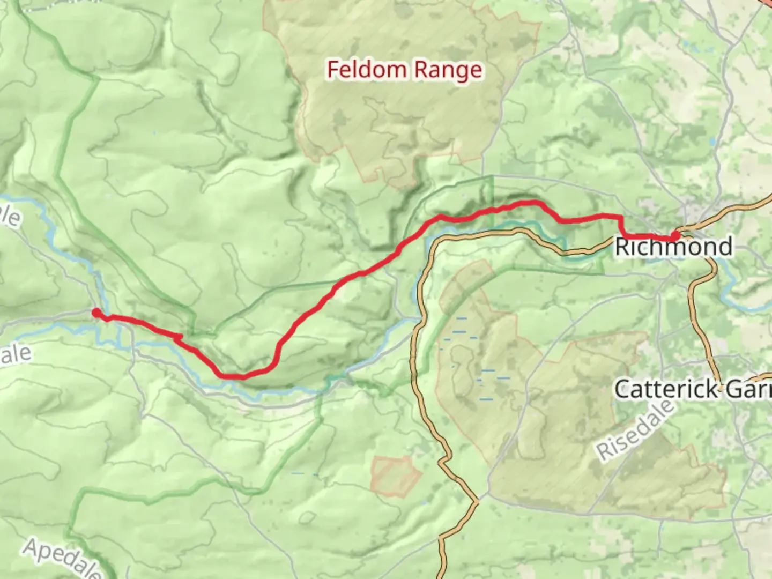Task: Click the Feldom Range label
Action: point(404,70)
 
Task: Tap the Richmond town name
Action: point(673,247)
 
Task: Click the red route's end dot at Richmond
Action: point(675,235)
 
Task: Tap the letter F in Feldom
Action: point(333,70)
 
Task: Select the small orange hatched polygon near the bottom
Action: point(396,475)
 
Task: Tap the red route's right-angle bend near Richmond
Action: point(622,217)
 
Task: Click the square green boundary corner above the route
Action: point(492,177)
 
